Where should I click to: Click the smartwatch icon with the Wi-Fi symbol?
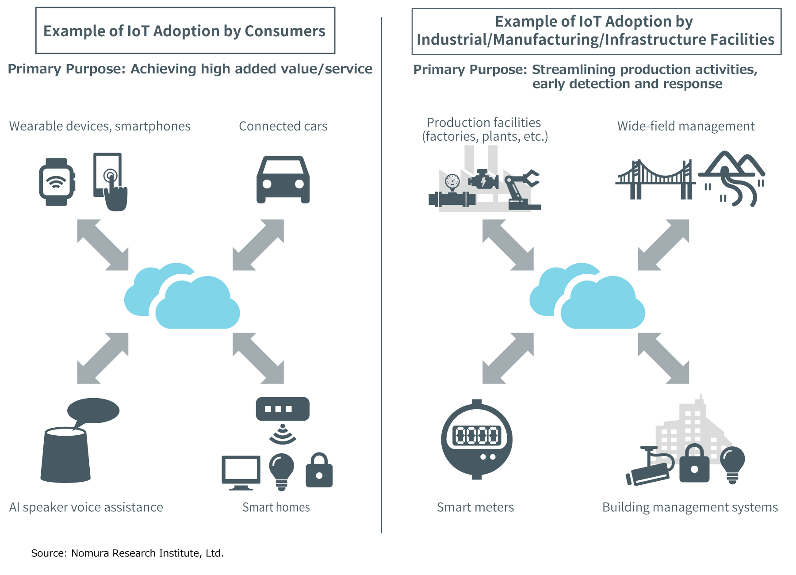pyautogui.click(x=56, y=182)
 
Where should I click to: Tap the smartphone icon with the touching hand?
pyautogui.click(x=109, y=181)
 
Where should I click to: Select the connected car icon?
pyautogui.click(x=283, y=180)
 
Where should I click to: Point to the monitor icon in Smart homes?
pyautogui.click(x=241, y=471)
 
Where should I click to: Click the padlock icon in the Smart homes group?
pyautogui.click(x=319, y=471)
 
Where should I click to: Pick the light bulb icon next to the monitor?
pyautogui.click(x=281, y=471)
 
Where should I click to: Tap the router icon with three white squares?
pyautogui.click(x=283, y=409)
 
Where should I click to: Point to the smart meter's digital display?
pyautogui.click(x=477, y=435)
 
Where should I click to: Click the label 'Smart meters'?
pyautogui.click(x=475, y=507)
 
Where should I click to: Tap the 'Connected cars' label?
pyautogui.click(x=283, y=126)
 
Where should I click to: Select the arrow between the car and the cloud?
pyautogui.click(x=258, y=245)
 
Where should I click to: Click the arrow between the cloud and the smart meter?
pyautogui.click(x=508, y=358)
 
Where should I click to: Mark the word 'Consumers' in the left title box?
pyautogui.click(x=285, y=31)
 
